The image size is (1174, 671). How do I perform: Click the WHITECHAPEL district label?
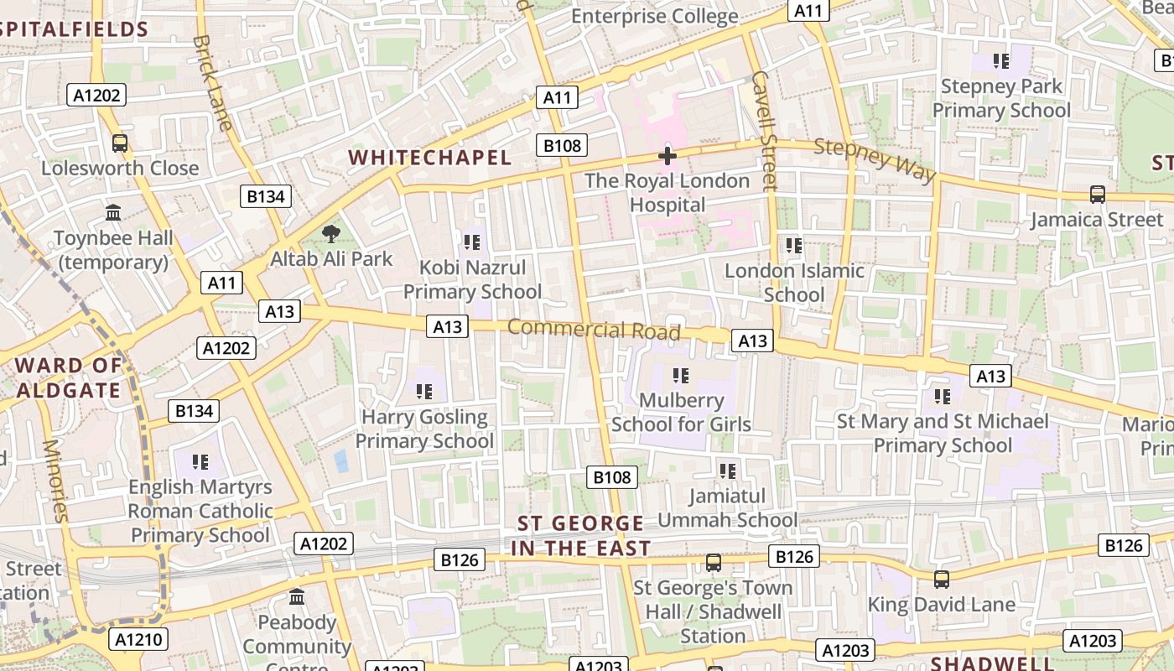tap(429, 158)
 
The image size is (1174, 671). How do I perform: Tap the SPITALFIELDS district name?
tap(74, 30)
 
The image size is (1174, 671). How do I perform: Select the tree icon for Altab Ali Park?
tap(331, 234)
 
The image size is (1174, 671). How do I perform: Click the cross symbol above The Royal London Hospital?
tap(668, 155)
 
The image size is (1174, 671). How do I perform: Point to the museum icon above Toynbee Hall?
tap(113, 213)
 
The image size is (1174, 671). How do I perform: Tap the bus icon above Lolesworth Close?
tap(120, 143)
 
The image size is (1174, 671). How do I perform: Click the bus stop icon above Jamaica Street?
tap(1097, 195)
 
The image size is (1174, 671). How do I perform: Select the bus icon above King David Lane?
tap(942, 580)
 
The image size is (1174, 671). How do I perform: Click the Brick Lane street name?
tap(212, 82)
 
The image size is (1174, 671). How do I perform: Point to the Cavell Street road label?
tap(765, 130)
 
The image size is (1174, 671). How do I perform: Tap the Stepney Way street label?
tap(875, 159)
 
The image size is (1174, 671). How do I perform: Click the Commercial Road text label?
tap(594, 329)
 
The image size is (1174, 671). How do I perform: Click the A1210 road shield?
tap(138, 640)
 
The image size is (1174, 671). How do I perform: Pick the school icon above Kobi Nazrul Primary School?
tap(472, 242)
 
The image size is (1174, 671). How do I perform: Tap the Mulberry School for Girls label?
tap(681, 412)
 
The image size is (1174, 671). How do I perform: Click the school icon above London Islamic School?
tap(794, 246)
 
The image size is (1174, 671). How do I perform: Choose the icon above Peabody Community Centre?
tap(297, 597)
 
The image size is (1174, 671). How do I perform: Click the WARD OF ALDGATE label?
tap(69, 377)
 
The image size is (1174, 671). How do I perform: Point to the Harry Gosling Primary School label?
tap(424, 429)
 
